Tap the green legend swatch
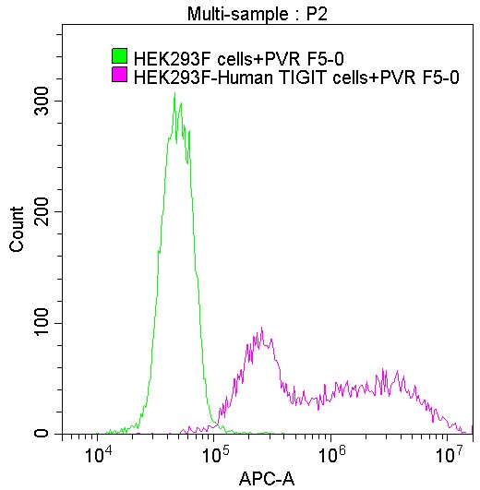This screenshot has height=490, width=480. tap(119, 56)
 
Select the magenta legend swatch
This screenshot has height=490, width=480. tap(119, 76)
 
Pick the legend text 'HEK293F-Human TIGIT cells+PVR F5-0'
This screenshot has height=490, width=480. tap(295, 77)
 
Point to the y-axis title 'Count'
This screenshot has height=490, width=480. tap(17, 232)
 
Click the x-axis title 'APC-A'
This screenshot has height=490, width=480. tap(266, 478)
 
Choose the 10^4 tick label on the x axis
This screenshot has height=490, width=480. tap(98, 454)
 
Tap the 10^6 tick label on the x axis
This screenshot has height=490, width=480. tap(331, 454)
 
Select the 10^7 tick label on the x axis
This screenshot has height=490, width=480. tap(449, 454)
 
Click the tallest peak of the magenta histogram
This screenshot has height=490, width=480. tap(262, 329)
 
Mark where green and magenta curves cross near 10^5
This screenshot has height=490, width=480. tap(212, 420)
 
